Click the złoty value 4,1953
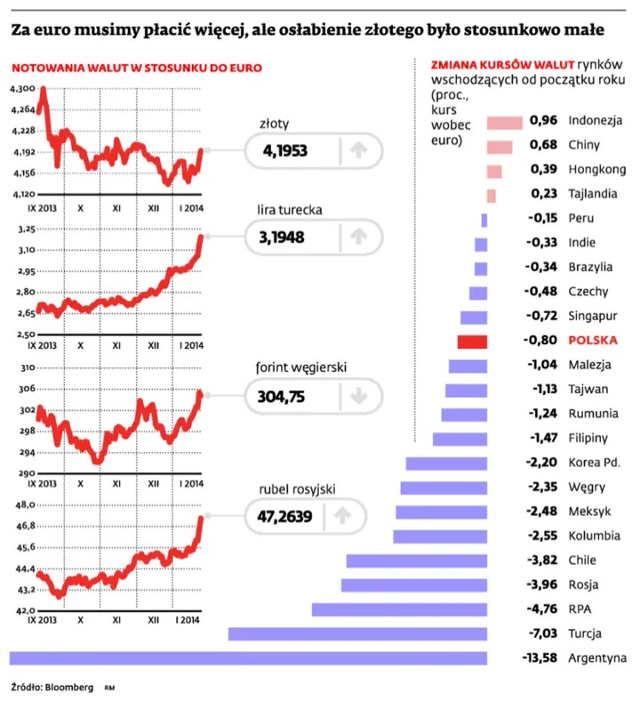(285, 152)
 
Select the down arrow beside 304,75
(358, 397)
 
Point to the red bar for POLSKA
(472, 341)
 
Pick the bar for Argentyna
(248, 657)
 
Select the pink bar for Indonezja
(505, 121)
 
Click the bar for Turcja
(357, 633)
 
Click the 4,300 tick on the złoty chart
(21, 90)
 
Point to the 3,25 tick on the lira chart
(24, 230)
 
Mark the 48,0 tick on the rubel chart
(24, 505)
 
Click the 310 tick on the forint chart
(26, 367)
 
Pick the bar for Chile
(417, 560)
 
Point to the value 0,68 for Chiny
(542, 145)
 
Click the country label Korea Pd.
(595, 463)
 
